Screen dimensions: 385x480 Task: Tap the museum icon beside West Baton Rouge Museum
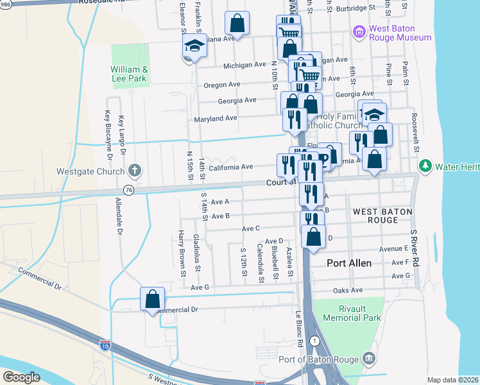tap(359, 31)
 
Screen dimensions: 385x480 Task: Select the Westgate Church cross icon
tap(134, 171)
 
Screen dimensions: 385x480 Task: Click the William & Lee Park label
tap(129, 74)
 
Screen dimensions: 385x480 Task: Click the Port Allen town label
tap(350, 263)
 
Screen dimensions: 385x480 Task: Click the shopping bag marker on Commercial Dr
tap(153, 299)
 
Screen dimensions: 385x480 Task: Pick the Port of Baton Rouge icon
tap(369, 357)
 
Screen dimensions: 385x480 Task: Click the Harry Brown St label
tap(182, 252)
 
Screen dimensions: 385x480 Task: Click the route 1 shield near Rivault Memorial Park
tap(313, 339)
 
